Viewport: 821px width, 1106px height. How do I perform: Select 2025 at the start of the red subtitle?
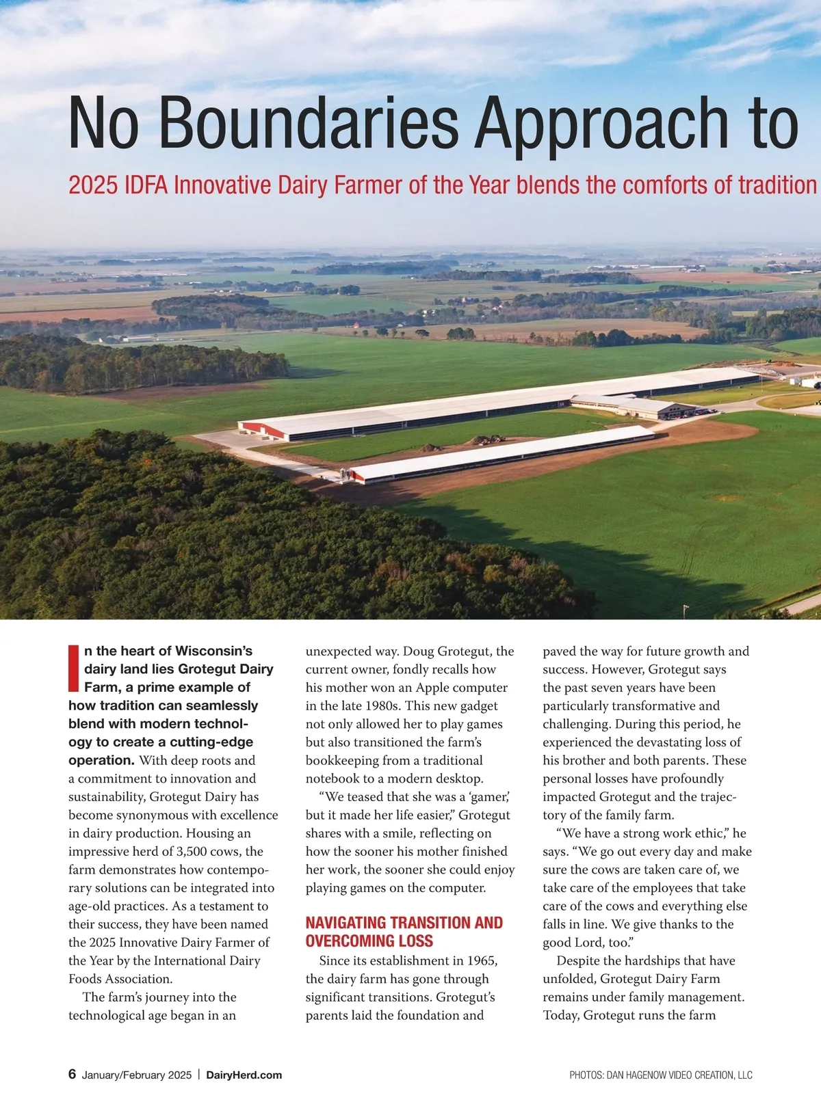[93, 185]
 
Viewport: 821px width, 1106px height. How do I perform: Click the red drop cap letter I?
[74, 668]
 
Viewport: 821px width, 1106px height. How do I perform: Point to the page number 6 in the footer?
[72, 1074]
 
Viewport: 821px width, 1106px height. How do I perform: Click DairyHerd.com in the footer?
[244, 1075]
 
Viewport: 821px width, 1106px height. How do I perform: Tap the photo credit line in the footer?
[660, 1075]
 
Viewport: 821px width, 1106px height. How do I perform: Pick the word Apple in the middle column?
[432, 688]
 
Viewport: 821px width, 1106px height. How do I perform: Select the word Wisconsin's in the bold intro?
[213, 651]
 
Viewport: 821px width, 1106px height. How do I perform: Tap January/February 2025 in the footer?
[137, 1075]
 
